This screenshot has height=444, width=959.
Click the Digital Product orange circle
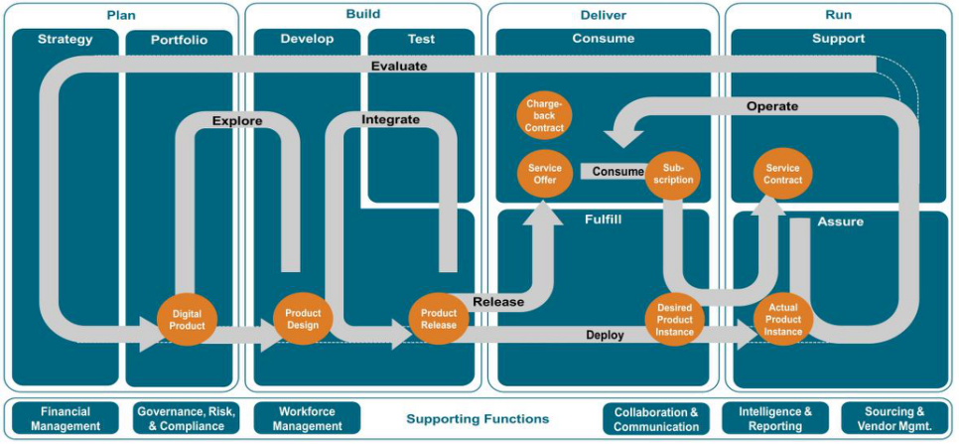tap(187, 320)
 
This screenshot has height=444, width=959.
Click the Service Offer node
tap(545, 174)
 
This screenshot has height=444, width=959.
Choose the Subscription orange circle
tap(673, 174)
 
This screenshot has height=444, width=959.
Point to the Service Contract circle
tap(783, 174)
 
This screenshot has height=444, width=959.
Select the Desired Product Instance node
tap(674, 320)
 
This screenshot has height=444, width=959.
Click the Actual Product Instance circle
tap(783, 320)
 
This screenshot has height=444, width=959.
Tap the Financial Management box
tap(66, 419)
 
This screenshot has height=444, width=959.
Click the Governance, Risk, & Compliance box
tap(187, 419)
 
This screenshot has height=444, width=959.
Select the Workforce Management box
tap(306, 419)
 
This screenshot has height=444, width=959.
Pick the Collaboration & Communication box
tap(656, 419)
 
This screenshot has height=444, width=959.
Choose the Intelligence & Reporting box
tap(775, 419)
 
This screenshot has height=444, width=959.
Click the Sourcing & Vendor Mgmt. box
tap(894, 419)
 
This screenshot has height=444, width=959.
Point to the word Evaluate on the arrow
tap(399, 67)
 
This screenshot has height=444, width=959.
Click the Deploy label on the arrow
tap(605, 336)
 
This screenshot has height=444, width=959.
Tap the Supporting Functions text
tap(477, 419)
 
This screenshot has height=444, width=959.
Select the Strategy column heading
tap(66, 40)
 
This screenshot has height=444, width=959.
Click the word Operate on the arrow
tap(772, 106)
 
